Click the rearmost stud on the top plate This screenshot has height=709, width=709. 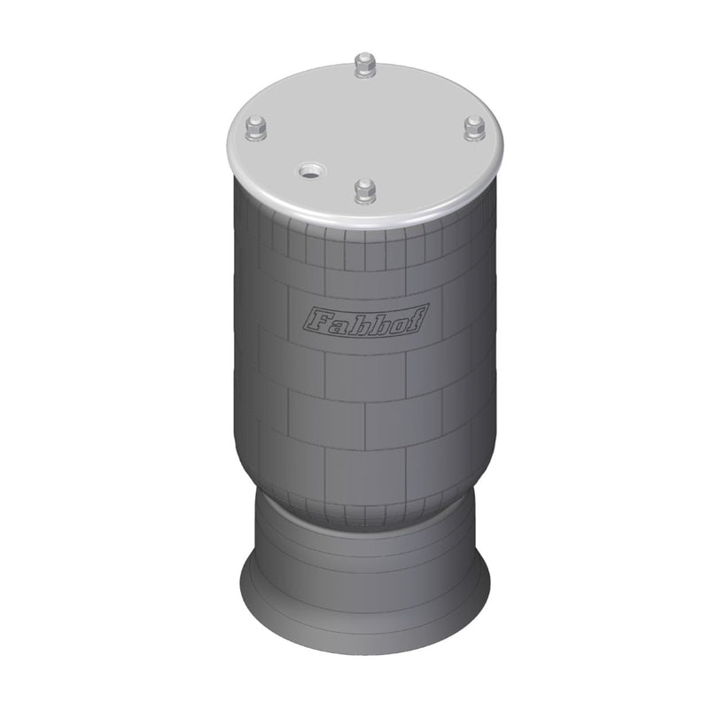tap(364, 66)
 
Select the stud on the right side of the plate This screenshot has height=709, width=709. tap(475, 128)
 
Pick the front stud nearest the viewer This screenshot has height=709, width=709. tap(365, 190)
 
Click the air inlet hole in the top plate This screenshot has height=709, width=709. tap(310, 169)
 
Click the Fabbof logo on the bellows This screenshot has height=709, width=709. tap(365, 321)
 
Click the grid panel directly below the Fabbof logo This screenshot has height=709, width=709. tap(364, 376)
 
